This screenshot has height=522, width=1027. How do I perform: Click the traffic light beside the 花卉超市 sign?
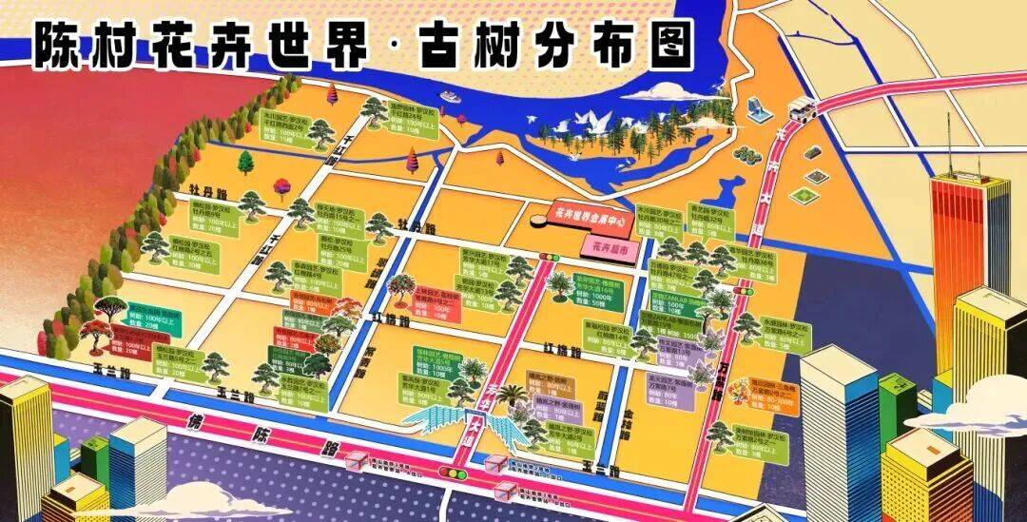point(550,257)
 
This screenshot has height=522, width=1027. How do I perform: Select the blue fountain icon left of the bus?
point(757,108)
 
